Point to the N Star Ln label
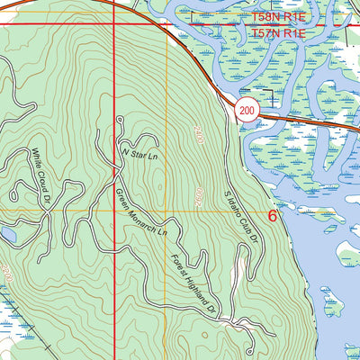[x=139, y=155]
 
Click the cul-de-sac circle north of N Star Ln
[x=120, y=120]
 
